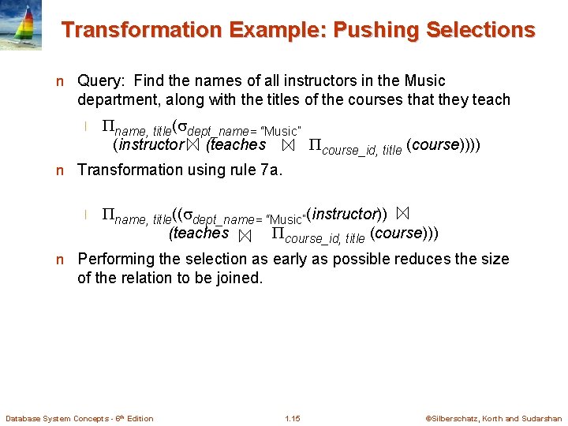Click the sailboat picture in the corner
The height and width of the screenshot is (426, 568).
(x=21, y=25)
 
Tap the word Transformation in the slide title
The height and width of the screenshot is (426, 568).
(x=130, y=31)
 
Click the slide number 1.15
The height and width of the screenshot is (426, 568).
(x=292, y=418)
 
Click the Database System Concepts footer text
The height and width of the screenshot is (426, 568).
(x=79, y=418)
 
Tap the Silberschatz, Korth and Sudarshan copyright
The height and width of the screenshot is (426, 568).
(x=493, y=418)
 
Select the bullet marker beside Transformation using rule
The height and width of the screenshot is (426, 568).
(x=59, y=170)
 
